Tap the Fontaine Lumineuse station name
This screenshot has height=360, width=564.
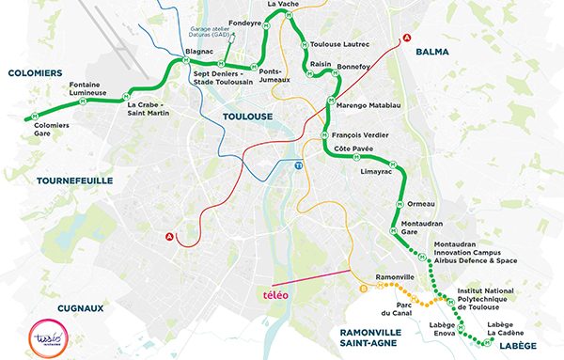click(90, 89)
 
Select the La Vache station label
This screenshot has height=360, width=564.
click(283, 5)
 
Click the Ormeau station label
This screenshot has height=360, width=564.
click(425, 205)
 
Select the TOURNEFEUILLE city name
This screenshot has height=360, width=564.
click(74, 179)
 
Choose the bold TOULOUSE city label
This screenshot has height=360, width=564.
click(247, 116)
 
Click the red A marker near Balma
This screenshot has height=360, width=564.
click(406, 38)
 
